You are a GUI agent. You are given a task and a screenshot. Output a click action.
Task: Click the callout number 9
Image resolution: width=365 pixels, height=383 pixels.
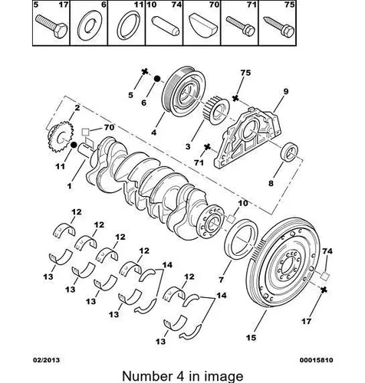285,91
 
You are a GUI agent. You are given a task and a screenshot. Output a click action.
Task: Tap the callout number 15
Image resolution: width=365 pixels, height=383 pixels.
251,338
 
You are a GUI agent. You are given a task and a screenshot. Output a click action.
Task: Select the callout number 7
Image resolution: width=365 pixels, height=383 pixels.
222,280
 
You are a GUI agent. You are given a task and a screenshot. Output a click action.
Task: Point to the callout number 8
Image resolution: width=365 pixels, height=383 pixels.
271,183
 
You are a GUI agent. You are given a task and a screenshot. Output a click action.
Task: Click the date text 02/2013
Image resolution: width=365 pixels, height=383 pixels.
46,360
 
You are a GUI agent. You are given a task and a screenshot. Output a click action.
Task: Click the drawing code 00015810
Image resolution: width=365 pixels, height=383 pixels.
317,360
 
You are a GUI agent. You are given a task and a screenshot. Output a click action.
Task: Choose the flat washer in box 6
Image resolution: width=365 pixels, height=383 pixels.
90,25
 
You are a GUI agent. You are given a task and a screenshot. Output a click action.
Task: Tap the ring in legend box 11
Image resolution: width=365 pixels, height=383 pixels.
129,25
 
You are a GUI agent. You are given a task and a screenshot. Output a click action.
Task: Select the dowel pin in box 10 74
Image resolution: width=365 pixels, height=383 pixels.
166,25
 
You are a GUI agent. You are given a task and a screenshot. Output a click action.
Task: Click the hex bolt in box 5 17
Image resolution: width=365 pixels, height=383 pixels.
51,26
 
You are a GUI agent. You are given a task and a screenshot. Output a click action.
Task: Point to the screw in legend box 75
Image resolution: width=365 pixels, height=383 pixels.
279,27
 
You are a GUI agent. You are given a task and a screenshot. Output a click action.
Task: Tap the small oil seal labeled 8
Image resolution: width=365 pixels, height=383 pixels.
290,152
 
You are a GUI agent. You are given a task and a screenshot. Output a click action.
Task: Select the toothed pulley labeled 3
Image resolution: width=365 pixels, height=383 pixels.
216,110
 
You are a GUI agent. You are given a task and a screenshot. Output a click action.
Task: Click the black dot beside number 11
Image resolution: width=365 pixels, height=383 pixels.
74,145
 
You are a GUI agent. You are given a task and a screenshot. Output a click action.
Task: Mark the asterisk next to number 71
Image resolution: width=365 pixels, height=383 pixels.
207,147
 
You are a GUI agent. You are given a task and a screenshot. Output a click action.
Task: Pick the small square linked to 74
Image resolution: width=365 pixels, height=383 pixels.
325,276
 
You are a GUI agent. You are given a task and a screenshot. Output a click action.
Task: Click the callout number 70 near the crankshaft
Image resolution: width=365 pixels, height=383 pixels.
109,127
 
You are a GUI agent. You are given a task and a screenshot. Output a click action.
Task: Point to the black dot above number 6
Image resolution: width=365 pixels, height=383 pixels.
157,79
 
